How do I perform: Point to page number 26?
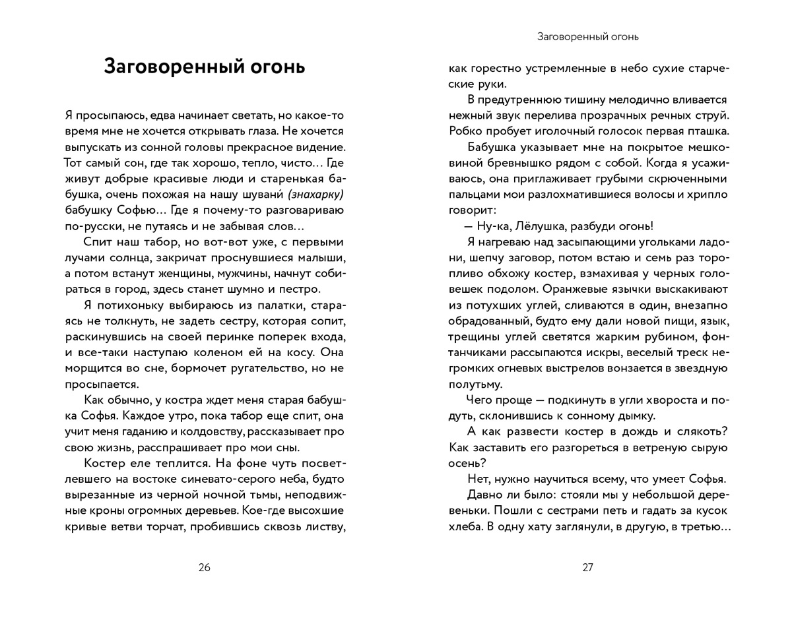coord(204,568)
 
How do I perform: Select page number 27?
coord(588,568)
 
